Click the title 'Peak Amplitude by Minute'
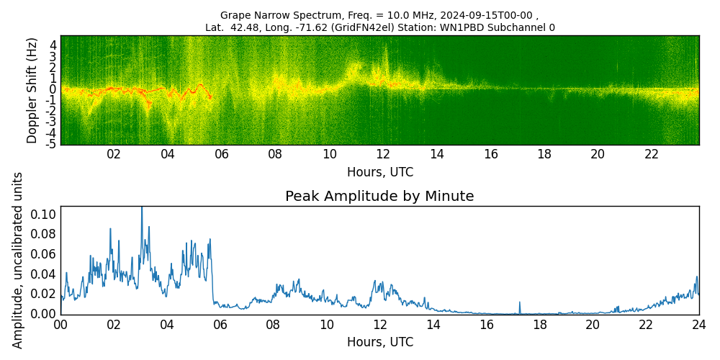379,197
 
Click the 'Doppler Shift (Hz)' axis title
32,90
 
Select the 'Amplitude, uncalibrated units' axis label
18,260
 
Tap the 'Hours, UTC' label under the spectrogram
379,173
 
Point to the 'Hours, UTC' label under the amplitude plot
379,343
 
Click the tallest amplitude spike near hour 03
142,208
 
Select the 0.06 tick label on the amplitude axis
43,253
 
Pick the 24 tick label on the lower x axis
698,325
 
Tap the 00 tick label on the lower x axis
60,325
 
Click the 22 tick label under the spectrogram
652,155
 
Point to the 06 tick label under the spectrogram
221,155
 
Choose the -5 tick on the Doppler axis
51,144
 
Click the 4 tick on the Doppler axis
53,45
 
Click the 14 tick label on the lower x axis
433,325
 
